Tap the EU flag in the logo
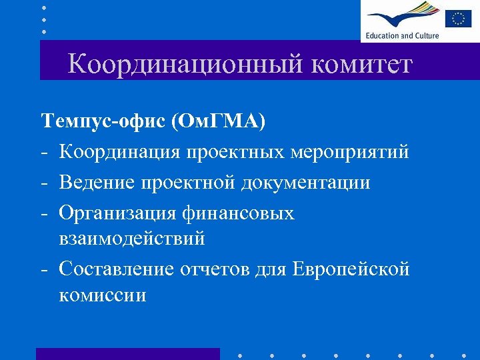point(458,18)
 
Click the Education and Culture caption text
point(402,35)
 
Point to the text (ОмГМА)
point(218,121)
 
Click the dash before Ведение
point(44,183)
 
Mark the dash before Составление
point(44,269)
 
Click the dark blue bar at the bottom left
point(127,353)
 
